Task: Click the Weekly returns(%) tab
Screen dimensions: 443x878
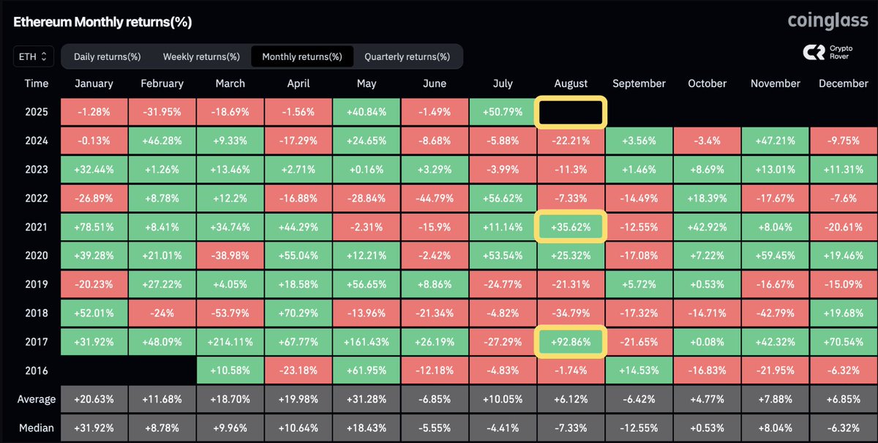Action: [201, 56]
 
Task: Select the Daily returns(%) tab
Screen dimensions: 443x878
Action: [107, 56]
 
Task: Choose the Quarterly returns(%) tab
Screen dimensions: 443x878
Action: [407, 56]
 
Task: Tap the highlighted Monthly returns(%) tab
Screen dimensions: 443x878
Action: [301, 56]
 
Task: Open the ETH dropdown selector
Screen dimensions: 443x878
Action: [34, 56]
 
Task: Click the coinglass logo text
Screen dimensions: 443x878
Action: [827, 21]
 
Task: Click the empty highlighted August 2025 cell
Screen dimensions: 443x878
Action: [571, 113]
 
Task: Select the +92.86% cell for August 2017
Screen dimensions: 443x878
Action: [571, 341]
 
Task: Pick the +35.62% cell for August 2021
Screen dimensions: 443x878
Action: [571, 227]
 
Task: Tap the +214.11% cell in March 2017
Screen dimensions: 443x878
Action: [230, 341]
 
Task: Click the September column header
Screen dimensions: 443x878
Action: [639, 83]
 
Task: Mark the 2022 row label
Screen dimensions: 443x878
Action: [37, 198]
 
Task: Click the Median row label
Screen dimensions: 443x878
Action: [37, 427]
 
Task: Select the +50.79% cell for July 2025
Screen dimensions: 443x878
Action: [503, 113]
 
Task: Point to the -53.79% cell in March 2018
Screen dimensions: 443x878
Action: [230, 313]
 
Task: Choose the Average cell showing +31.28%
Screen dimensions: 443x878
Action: [367, 398]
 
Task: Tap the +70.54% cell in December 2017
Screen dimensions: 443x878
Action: [843, 341]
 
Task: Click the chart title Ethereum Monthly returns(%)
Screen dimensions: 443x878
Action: [102, 22]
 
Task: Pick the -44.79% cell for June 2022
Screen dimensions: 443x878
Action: [435, 198]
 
